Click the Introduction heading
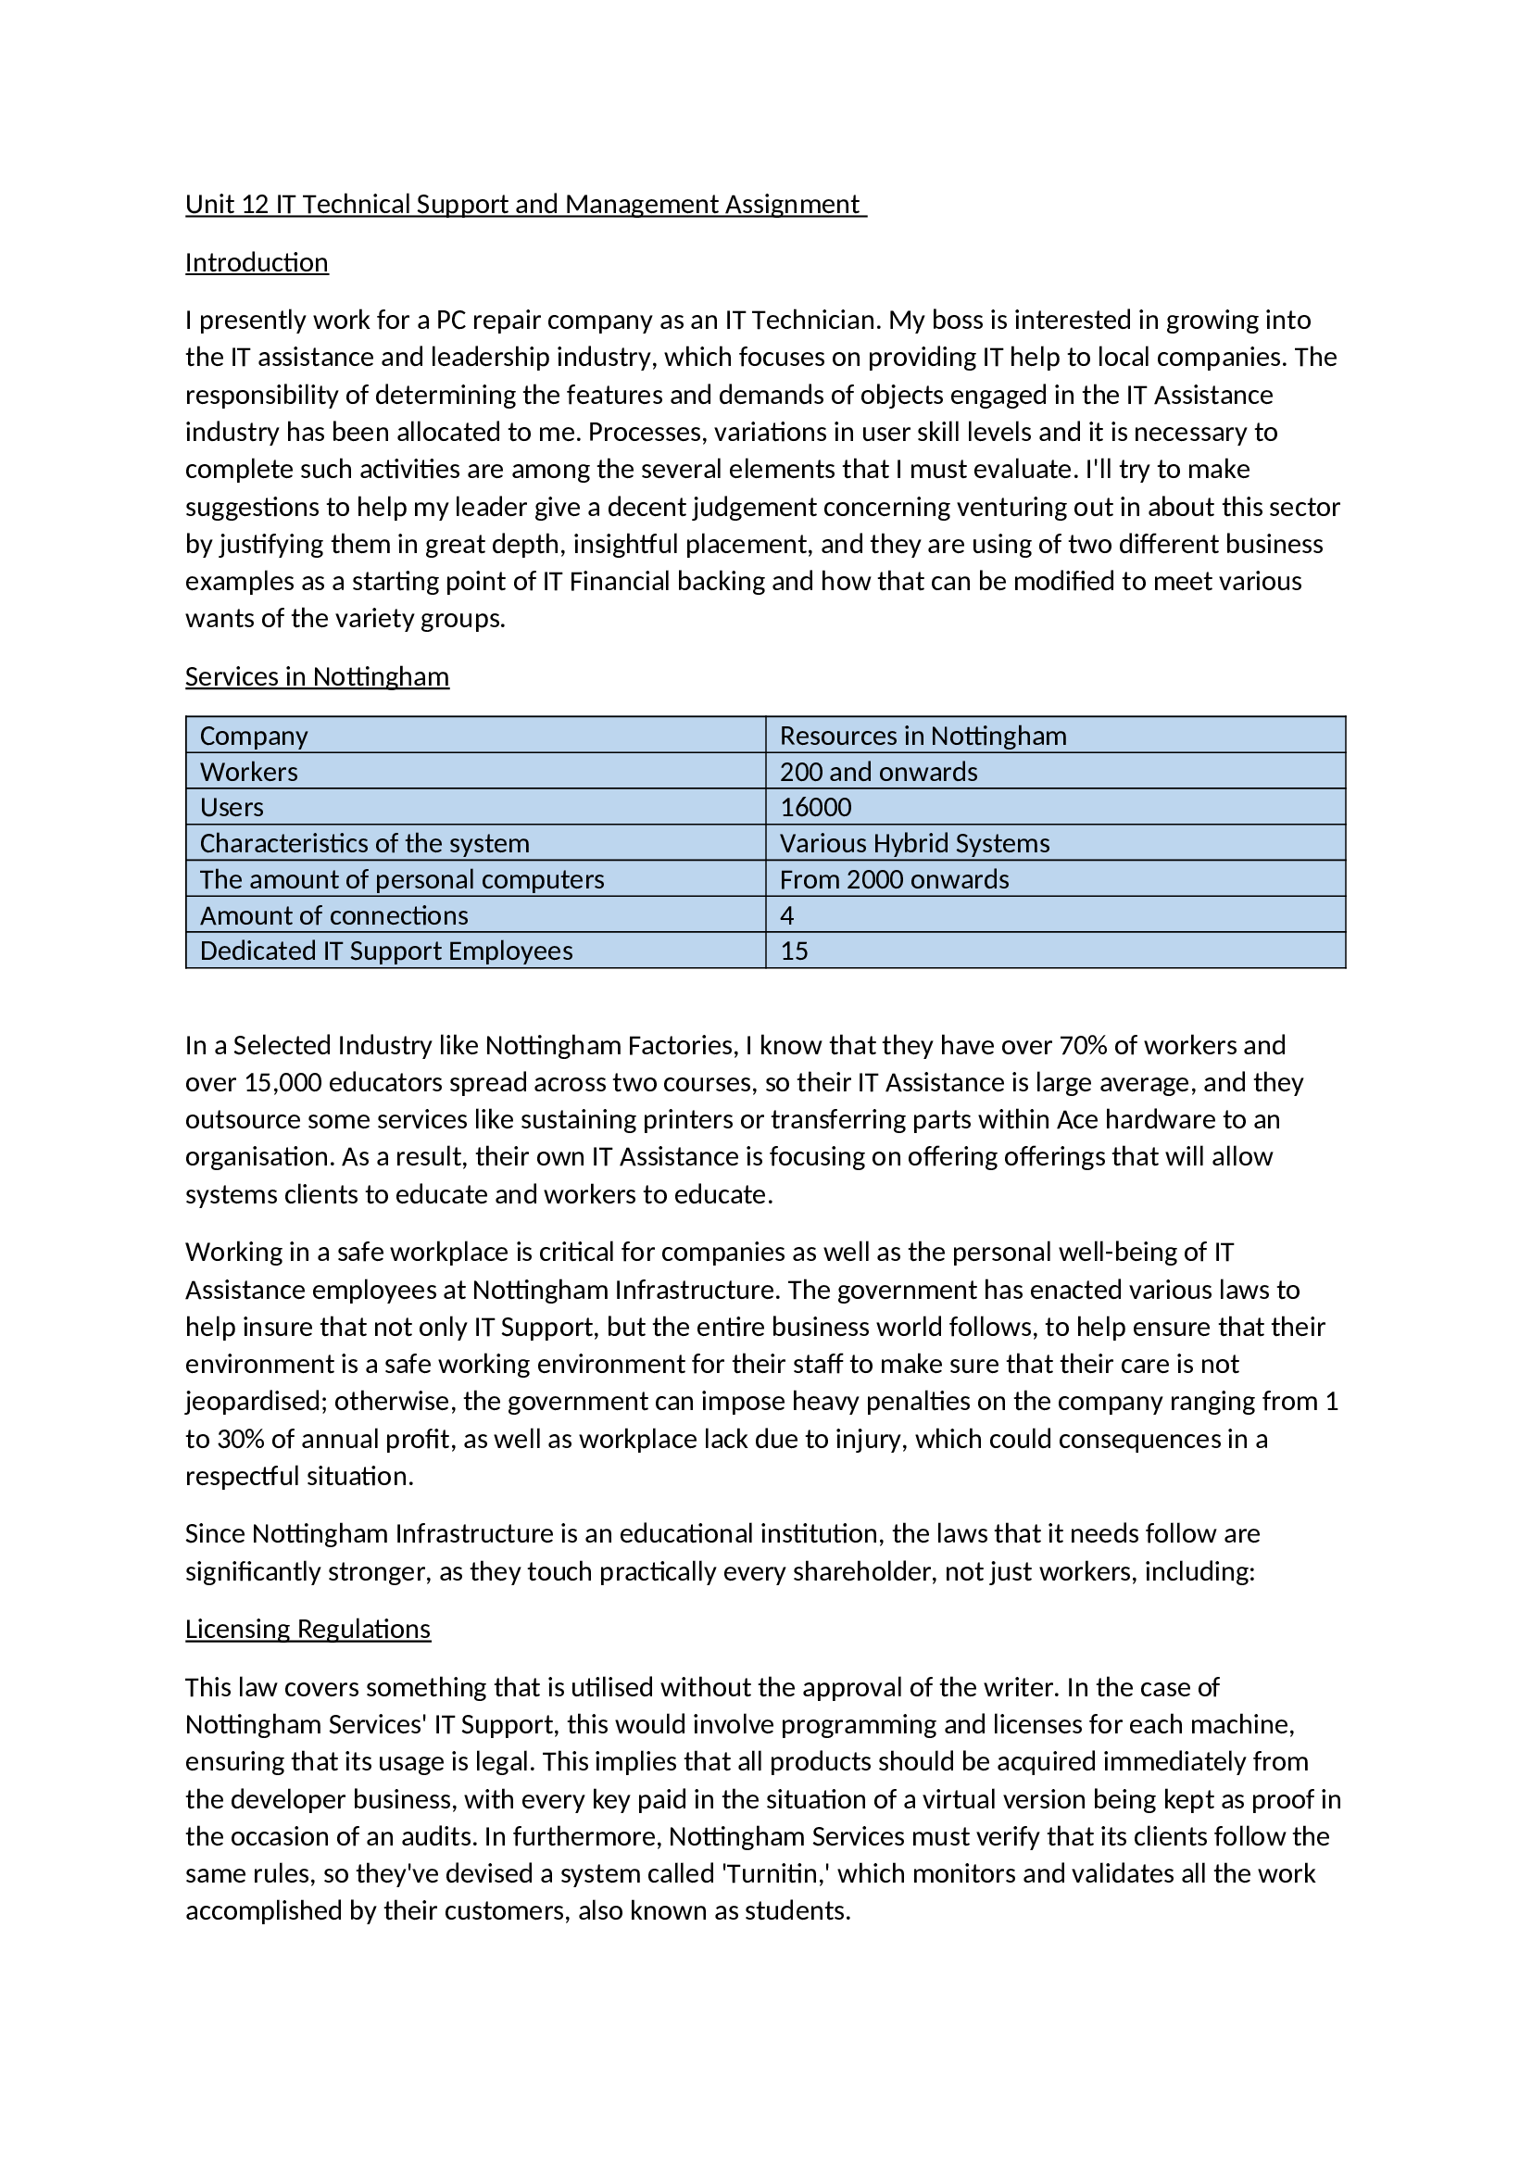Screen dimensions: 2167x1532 pyautogui.click(x=257, y=262)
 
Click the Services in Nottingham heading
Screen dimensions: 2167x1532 pyautogui.click(x=317, y=676)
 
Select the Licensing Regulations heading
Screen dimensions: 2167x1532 pyautogui.click(x=308, y=1629)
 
